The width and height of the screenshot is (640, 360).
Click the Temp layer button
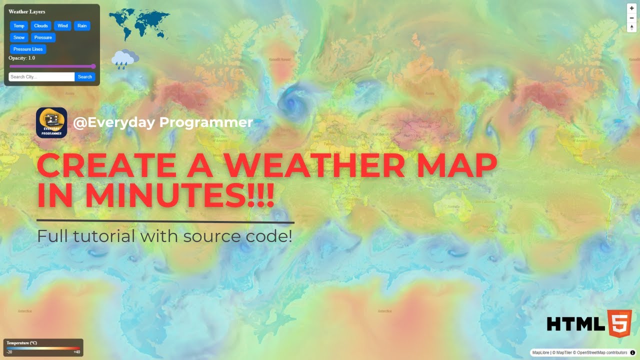point(19,26)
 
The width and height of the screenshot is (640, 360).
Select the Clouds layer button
point(41,26)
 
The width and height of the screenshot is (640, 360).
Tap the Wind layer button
point(62,26)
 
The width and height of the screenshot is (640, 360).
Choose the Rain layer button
point(82,26)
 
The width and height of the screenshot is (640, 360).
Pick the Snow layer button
point(19,37)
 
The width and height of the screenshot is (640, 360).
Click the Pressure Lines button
point(28,49)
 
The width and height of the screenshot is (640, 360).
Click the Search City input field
point(41,77)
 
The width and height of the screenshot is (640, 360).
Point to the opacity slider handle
point(93,66)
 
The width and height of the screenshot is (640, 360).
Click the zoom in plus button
point(632,8)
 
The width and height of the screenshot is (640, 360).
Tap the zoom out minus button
point(632,18)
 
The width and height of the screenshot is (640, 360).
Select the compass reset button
point(632,27)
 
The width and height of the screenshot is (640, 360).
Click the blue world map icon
point(139,24)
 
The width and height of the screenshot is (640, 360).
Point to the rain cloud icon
point(124,59)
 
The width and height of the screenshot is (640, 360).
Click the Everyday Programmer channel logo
point(51,123)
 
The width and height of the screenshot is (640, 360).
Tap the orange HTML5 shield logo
point(619,323)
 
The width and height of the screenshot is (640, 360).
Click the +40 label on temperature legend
point(76,352)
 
